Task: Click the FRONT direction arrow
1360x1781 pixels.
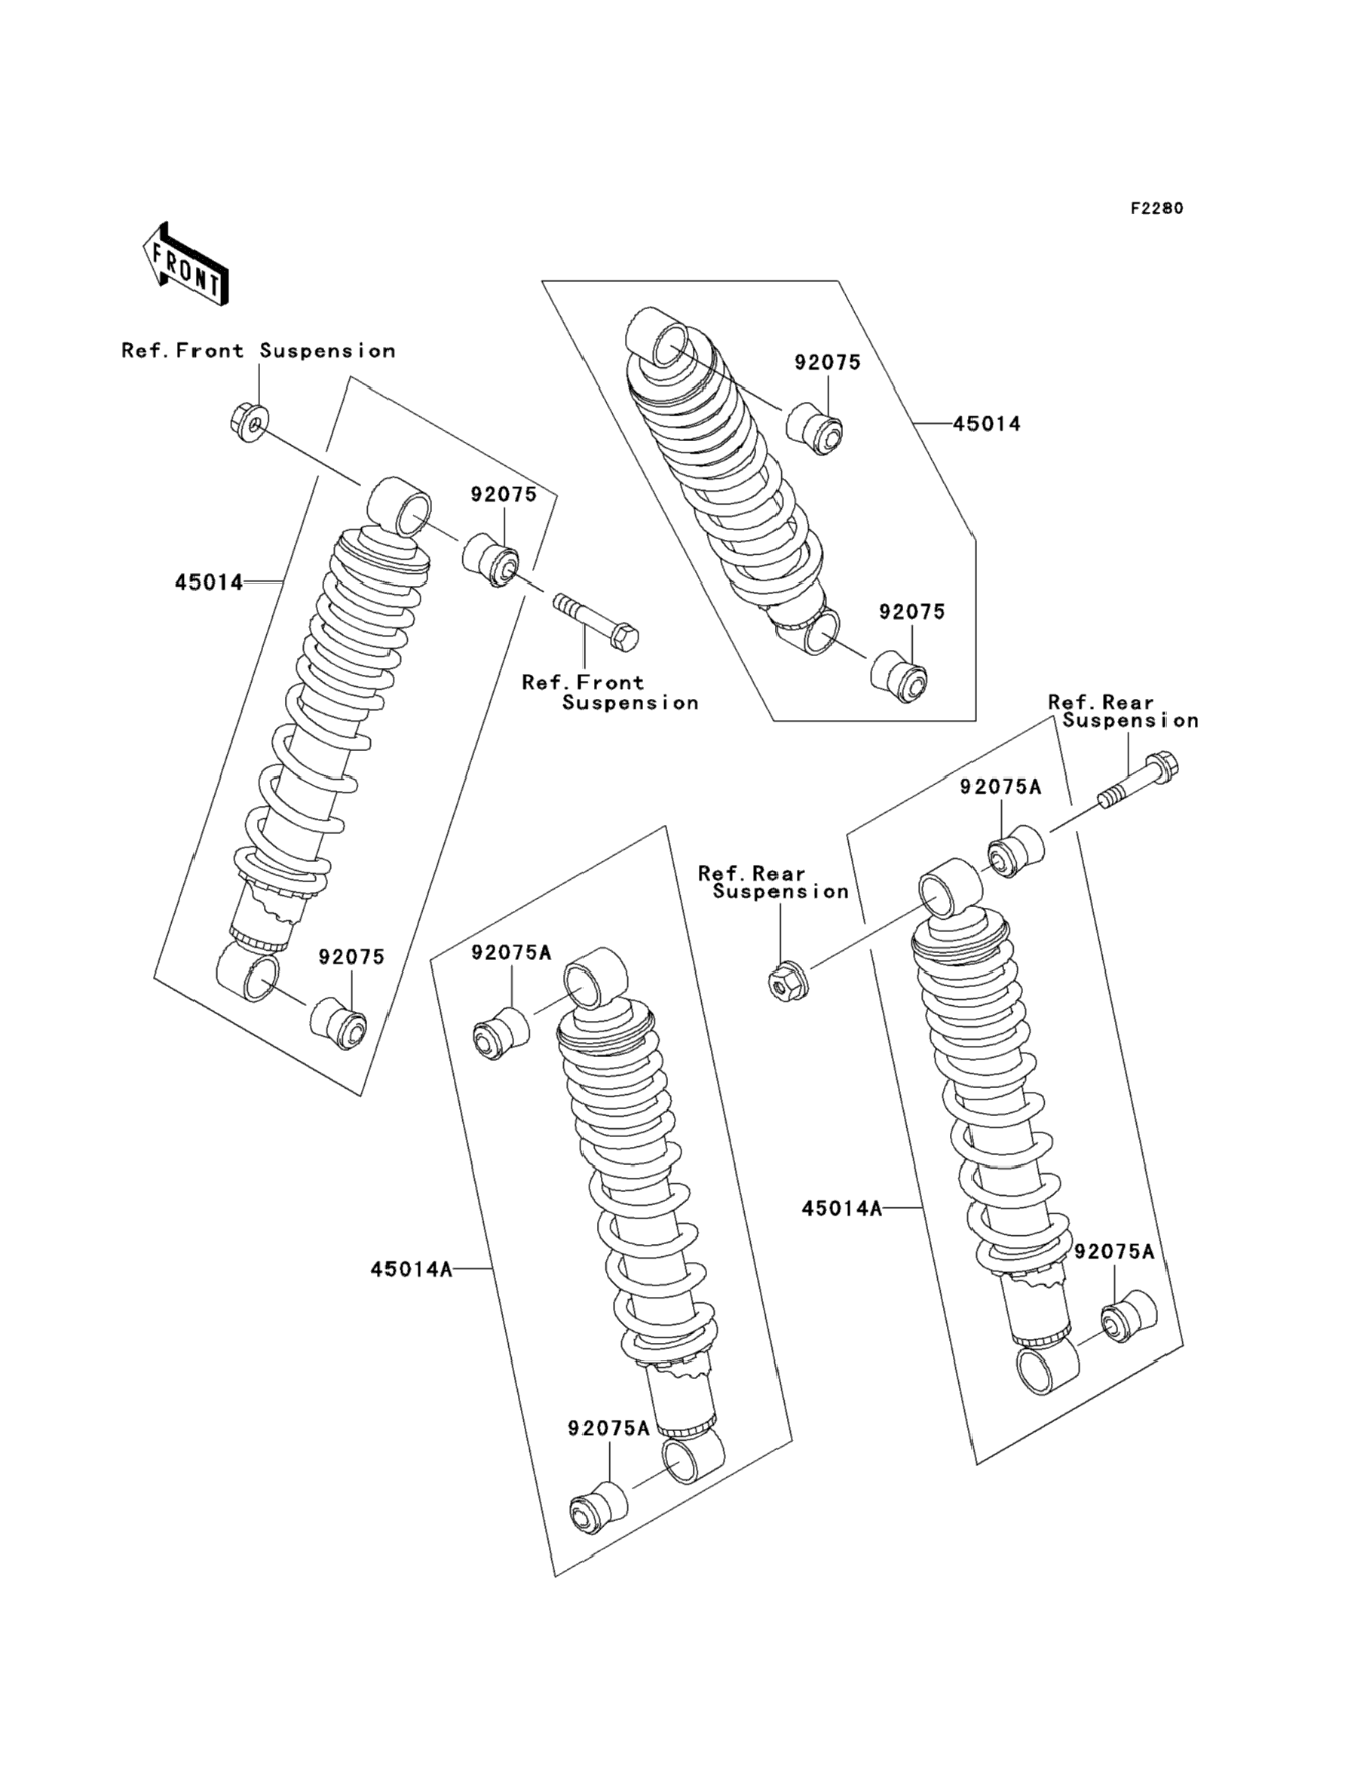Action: pos(185,265)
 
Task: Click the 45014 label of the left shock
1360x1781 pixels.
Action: pos(209,582)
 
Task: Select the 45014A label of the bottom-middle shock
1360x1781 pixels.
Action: pos(411,1268)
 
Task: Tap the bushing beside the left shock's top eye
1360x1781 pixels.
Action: pos(491,559)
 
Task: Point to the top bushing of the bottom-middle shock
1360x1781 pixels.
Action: pos(502,1035)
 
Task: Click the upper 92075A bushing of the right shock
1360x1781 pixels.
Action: pos(1016,850)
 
